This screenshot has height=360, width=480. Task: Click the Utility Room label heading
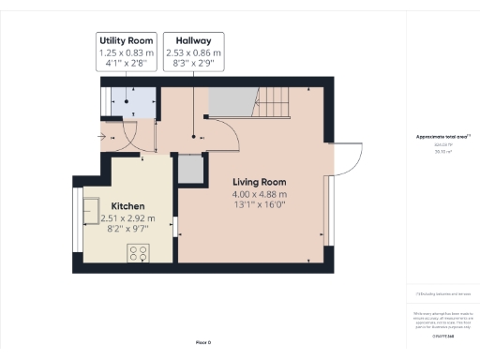126,41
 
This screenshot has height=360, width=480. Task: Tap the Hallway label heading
192,41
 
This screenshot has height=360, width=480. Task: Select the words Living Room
260,182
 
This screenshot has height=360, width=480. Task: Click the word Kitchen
128,205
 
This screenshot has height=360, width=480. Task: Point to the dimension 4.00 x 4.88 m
260,194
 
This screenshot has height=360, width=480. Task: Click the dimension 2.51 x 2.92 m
128,217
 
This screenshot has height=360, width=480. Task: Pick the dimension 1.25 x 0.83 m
126,53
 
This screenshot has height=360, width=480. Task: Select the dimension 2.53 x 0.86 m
192,53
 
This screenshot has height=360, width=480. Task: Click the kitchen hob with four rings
139,251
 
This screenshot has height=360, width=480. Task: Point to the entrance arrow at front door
102,133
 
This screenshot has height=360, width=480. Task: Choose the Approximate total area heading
442,137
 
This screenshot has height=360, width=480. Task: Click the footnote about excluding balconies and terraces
442,293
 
